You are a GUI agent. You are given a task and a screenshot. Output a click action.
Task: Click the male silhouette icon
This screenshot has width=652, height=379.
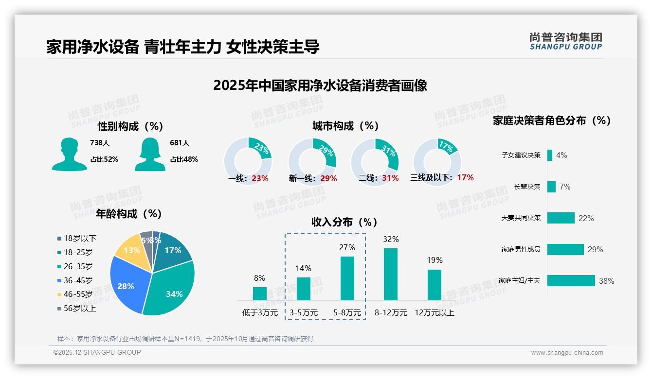(x=69, y=154)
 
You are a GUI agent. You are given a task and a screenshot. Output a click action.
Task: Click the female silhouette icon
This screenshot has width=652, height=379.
(x=150, y=154)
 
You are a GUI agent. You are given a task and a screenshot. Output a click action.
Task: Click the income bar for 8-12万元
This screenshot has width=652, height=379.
(x=391, y=274)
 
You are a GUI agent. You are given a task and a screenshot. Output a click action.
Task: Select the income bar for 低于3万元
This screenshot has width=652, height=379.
(x=260, y=293)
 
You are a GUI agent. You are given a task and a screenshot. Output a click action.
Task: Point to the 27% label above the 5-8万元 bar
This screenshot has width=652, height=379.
(x=347, y=247)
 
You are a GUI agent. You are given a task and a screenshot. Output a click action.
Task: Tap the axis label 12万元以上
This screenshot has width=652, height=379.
(x=434, y=313)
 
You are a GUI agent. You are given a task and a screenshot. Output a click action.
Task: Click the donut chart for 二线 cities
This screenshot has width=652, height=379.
(x=375, y=162)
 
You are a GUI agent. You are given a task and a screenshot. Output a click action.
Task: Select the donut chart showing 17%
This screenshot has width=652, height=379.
(x=437, y=162)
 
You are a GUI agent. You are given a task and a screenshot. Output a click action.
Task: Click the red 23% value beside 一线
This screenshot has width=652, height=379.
(x=260, y=178)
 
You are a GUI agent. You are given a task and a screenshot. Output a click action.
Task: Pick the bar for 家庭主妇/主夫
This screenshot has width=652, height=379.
(x=571, y=280)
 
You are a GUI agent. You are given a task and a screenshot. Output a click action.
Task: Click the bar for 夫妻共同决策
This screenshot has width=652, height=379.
(x=561, y=218)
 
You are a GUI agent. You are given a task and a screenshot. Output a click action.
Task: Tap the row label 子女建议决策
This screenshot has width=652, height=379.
(x=521, y=155)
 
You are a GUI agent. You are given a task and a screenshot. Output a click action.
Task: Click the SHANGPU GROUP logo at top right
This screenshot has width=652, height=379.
(x=566, y=41)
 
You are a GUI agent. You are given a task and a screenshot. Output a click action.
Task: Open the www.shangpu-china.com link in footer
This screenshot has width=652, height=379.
(x=567, y=352)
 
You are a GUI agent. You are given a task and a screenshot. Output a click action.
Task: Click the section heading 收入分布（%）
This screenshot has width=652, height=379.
(x=344, y=222)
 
